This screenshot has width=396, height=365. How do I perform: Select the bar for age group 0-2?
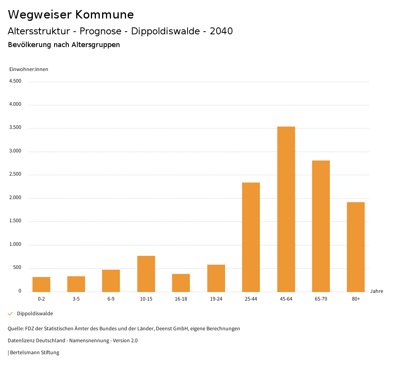[41, 284]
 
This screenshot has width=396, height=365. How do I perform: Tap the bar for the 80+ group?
[356, 247]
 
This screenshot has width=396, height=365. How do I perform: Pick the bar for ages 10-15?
[146, 274]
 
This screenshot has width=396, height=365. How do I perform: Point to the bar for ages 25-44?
[251, 237]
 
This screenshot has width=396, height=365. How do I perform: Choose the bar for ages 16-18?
[181, 283]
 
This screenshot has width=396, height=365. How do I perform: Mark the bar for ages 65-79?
[321, 226]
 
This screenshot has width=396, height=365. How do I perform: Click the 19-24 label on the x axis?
[216, 299]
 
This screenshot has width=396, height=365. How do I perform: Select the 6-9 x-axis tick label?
[111, 299]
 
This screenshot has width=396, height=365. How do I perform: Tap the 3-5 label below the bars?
[76, 299]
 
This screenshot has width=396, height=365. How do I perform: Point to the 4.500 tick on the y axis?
[15, 81]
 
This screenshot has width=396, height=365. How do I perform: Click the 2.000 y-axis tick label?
[15, 198]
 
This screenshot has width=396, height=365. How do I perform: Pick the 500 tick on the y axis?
[17, 268]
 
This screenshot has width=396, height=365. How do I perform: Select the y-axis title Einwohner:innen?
[29, 69]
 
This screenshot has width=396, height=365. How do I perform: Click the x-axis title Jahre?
[376, 291]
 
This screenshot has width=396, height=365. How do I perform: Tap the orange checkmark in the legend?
[10, 314]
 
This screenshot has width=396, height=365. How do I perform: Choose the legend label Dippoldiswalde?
[35, 314]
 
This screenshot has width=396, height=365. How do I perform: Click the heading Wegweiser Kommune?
[71, 15]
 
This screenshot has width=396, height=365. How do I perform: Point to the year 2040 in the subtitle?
[221, 31]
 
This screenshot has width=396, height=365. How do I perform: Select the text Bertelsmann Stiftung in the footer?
[34, 353]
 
